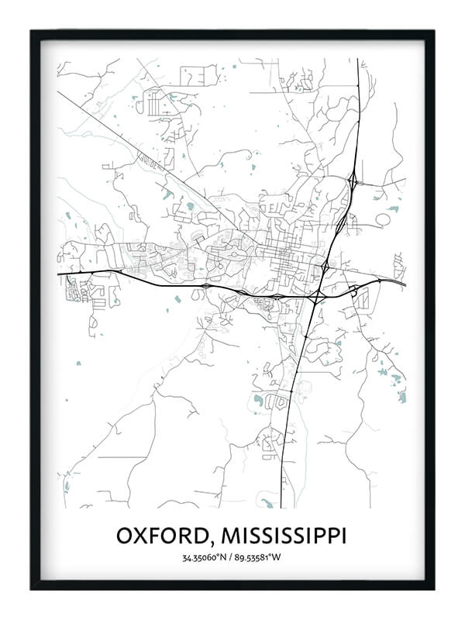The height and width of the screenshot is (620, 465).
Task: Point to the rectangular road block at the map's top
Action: (x=199, y=75)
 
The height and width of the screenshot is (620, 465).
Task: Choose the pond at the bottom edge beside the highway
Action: (x=267, y=503)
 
